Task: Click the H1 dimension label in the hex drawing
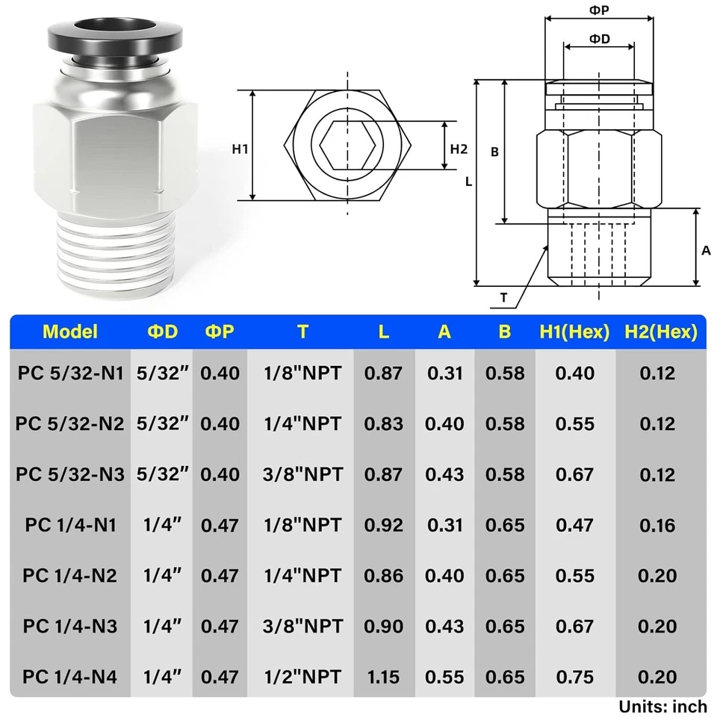pyautogui.click(x=240, y=149)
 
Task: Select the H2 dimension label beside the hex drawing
pyautogui.click(x=459, y=149)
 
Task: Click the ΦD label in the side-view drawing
pyautogui.click(x=599, y=39)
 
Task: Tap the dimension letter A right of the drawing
pyautogui.click(x=706, y=251)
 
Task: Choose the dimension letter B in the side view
pyautogui.click(x=494, y=152)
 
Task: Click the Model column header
pyautogui.click(x=70, y=332)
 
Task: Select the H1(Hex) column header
pyautogui.click(x=574, y=332)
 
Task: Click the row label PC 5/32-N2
pyautogui.click(x=70, y=423)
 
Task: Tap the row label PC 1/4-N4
pyautogui.click(x=70, y=677)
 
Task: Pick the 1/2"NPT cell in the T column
pyautogui.click(x=302, y=677)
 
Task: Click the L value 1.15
pyautogui.click(x=383, y=677)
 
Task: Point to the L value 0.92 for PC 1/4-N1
pyautogui.click(x=383, y=525)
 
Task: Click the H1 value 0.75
pyautogui.click(x=574, y=677)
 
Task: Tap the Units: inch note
pyautogui.click(x=662, y=706)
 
